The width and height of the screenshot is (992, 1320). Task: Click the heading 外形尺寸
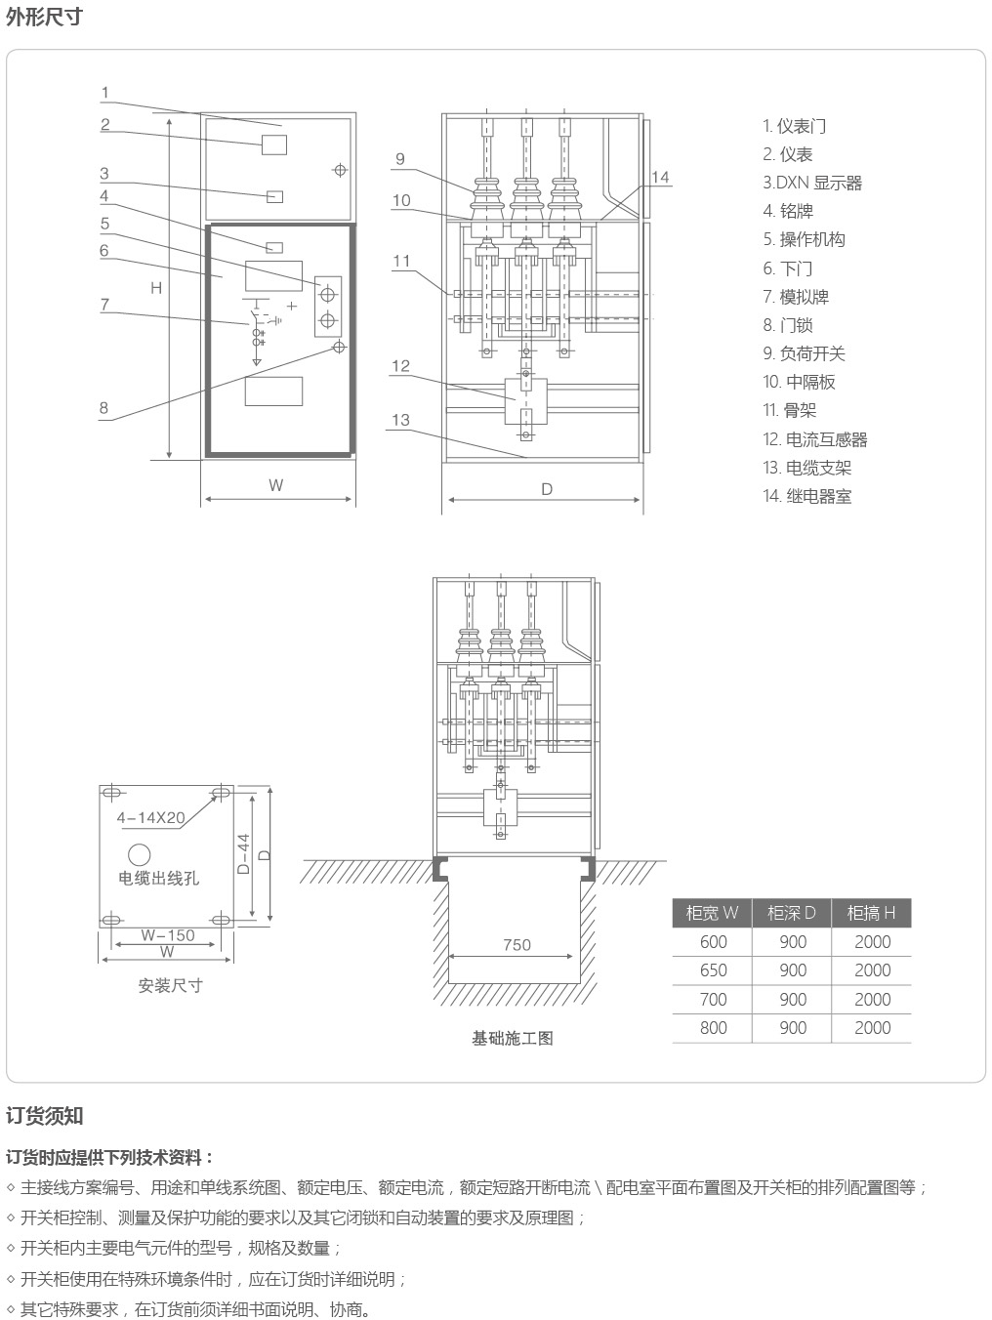[x=44, y=18]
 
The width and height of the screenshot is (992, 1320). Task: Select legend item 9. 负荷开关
[x=804, y=353]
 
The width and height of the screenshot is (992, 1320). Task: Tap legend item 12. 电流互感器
[x=814, y=439]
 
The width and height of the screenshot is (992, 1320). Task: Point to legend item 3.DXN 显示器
[x=812, y=183]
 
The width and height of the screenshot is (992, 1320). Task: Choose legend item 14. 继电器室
[x=806, y=496]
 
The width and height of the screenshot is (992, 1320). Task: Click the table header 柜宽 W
[x=712, y=913]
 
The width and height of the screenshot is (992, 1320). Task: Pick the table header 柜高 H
[x=871, y=913]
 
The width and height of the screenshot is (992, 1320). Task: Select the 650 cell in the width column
[x=713, y=970]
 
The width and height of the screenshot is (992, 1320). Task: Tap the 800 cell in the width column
[x=713, y=1028]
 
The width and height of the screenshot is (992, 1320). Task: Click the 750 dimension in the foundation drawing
[x=517, y=945]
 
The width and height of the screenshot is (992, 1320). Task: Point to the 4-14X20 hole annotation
[x=150, y=818]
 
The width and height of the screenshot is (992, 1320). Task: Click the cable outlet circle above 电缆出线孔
[x=139, y=854]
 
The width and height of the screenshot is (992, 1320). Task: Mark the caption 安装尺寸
[x=170, y=986]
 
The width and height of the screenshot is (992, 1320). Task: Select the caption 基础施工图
[x=513, y=1038]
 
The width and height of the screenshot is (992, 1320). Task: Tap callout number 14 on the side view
[x=659, y=177]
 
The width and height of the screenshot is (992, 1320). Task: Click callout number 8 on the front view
[x=104, y=408]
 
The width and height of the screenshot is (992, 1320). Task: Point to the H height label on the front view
[x=156, y=288]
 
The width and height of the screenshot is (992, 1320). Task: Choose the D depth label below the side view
[x=547, y=489]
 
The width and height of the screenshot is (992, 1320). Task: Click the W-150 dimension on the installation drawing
[x=168, y=935]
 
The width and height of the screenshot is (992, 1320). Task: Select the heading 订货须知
[x=44, y=1116]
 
